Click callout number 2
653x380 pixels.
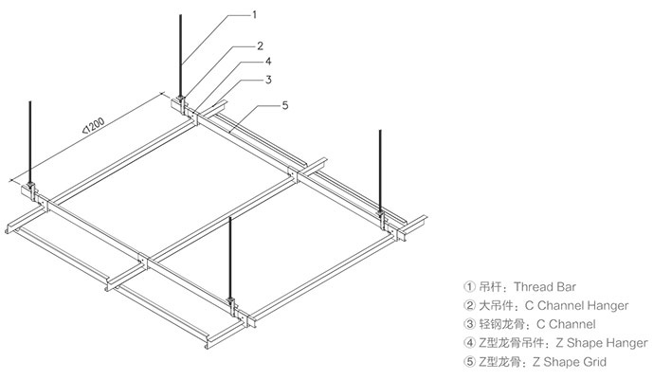258,45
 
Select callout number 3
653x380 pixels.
269,80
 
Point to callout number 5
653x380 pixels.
285,105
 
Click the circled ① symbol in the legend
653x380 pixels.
468,285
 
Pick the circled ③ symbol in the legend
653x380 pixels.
468,324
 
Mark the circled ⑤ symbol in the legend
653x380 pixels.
468,362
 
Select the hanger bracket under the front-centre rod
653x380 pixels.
231,302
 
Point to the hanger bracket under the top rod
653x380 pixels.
180,100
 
